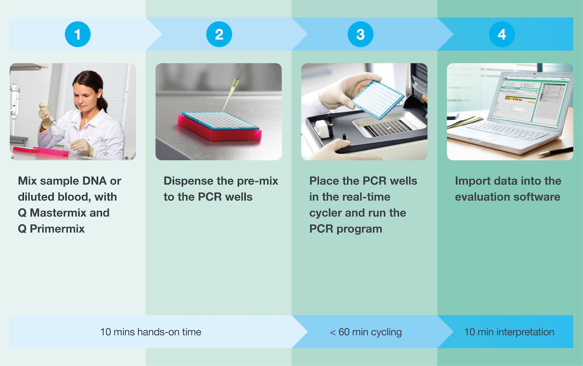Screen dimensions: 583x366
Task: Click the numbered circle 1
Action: coord(78,34)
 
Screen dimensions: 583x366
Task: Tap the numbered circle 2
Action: coord(219,34)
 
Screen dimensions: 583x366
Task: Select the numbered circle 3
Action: coord(360,34)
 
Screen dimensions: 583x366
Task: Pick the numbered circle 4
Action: coord(502,34)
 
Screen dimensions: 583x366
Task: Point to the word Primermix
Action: coord(57,229)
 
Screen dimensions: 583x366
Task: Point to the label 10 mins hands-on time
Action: coord(151,332)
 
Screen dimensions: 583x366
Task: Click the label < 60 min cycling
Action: coord(366,332)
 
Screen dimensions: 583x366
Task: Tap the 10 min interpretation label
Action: coord(509,332)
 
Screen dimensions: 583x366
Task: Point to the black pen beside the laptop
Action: coord(556,151)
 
